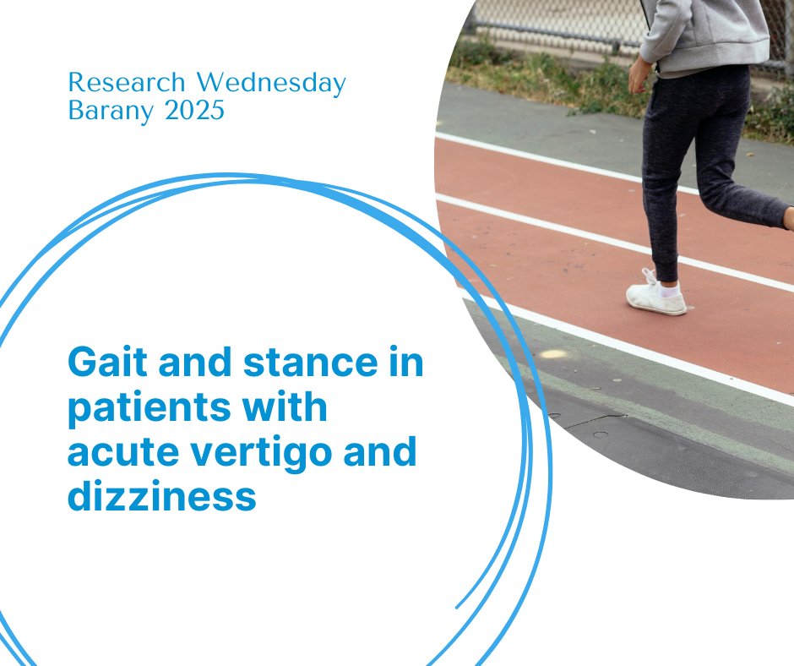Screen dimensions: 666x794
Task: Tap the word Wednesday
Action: (x=271, y=84)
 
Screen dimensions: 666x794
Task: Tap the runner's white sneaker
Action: (x=655, y=298)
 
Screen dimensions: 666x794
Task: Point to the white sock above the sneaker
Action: (x=671, y=290)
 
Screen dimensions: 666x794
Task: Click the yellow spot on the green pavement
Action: (x=553, y=354)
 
